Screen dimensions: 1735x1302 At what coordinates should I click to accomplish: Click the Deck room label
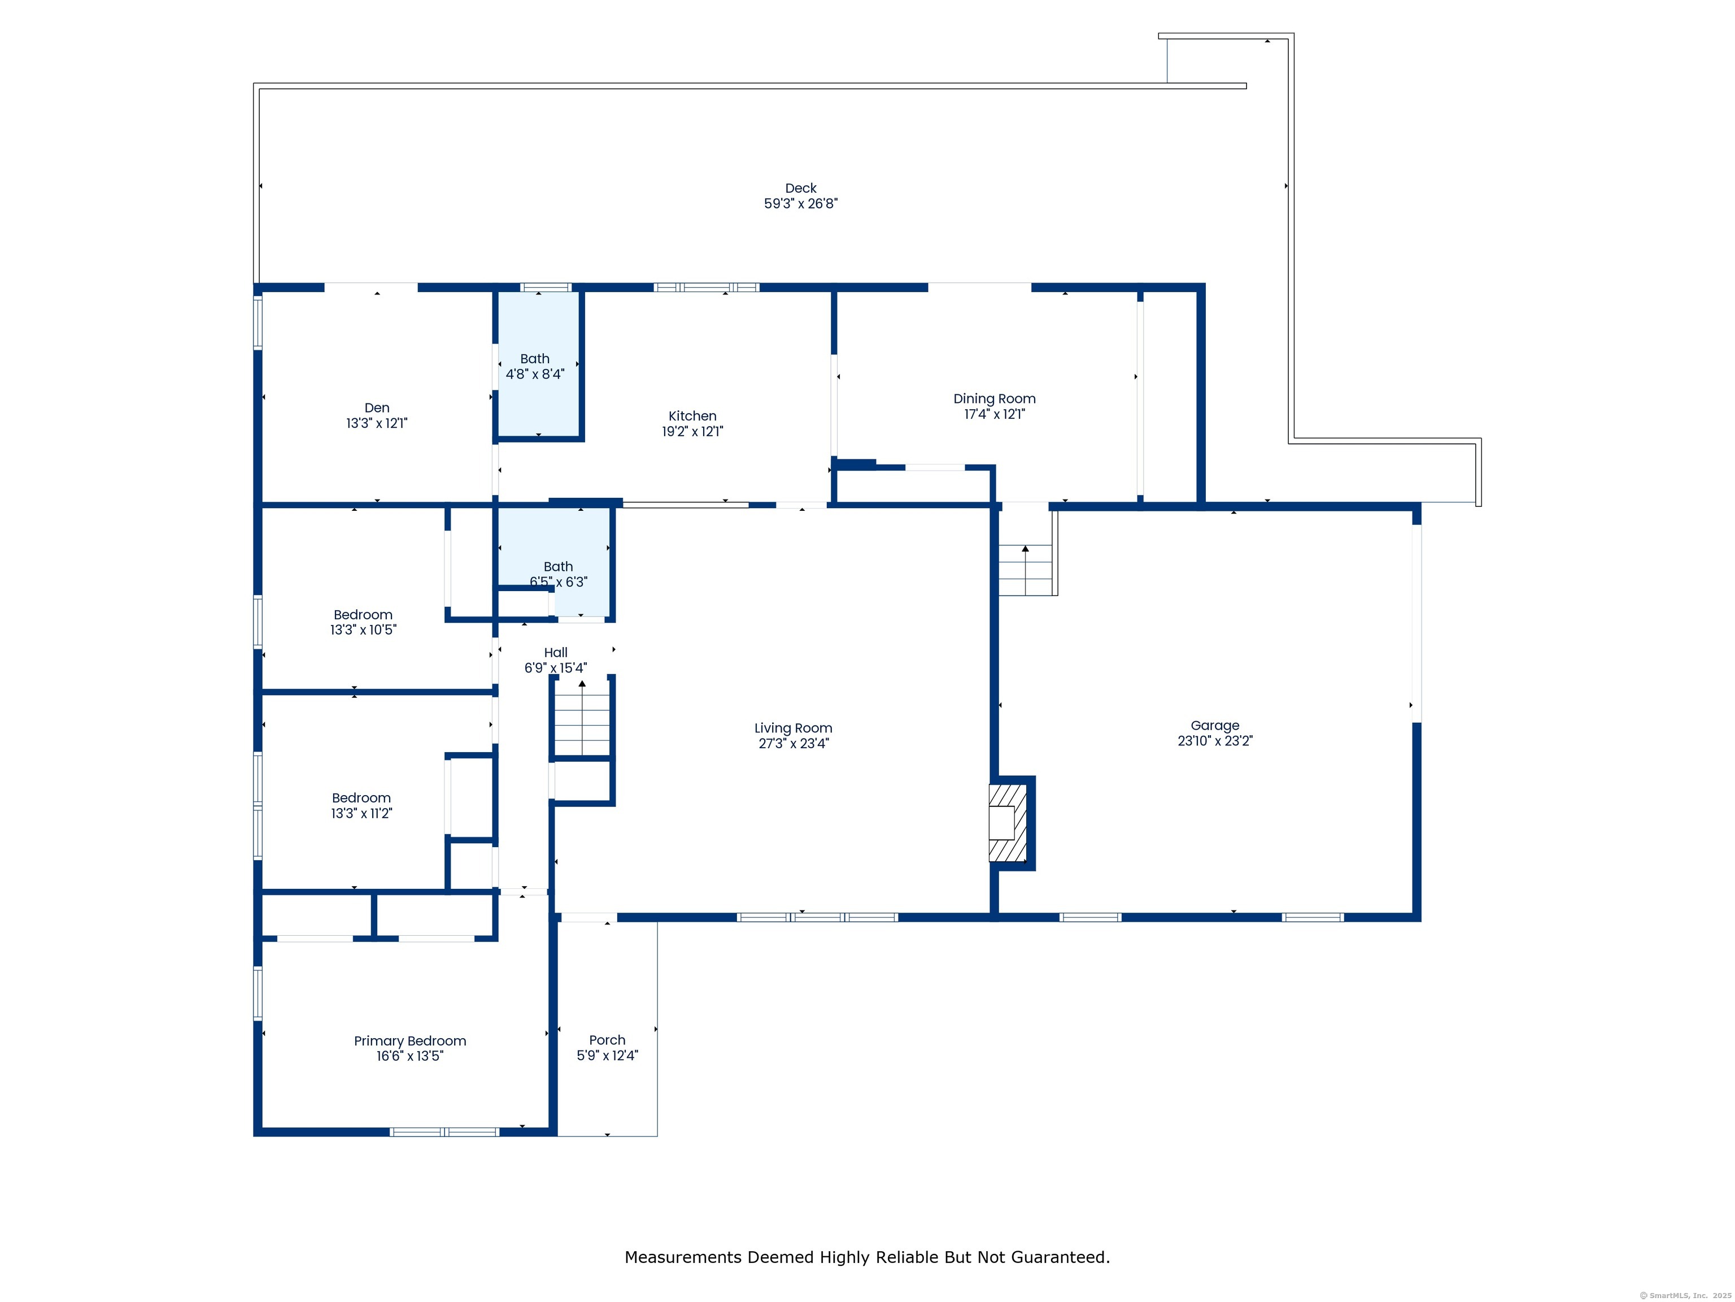point(801,188)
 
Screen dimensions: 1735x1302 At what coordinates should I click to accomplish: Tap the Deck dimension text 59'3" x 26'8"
point(801,203)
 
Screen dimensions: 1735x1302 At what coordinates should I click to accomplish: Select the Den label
point(377,408)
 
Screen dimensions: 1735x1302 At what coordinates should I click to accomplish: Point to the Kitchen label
point(692,416)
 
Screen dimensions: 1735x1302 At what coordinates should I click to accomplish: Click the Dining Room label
point(995,399)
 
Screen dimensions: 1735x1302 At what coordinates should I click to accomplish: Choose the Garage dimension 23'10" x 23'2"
point(1215,741)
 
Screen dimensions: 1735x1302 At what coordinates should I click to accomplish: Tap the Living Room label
point(794,728)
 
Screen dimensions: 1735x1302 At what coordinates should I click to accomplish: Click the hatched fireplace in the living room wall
point(1009,822)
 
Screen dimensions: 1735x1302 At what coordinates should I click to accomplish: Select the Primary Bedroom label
point(410,1041)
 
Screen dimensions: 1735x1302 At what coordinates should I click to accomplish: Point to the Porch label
point(608,1040)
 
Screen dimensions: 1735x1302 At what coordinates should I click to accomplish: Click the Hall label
point(556,653)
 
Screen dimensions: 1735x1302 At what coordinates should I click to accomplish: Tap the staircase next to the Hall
point(582,719)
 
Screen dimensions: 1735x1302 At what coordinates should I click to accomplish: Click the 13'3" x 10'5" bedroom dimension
point(363,630)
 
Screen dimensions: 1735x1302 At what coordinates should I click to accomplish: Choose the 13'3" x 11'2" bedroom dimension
point(361,814)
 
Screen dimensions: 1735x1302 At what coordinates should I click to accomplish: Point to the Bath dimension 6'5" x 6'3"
point(559,582)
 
